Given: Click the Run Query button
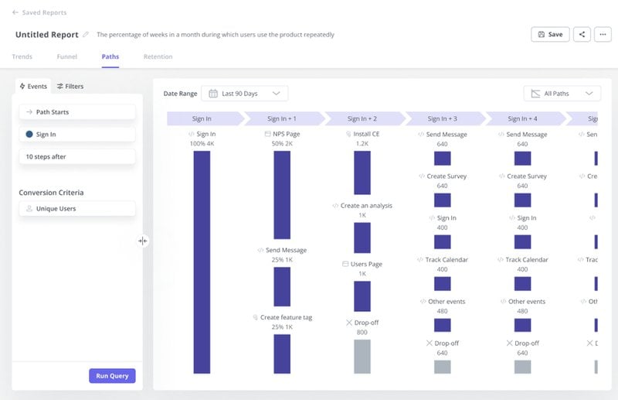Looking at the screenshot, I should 112,376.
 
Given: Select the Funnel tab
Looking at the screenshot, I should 66,56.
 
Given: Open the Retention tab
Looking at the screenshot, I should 158,56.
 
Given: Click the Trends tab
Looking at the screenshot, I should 22,56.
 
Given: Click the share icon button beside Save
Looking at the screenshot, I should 582,34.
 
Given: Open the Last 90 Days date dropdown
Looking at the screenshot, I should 244,94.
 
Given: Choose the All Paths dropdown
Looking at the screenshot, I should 562,94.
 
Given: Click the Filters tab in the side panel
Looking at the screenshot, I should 70,86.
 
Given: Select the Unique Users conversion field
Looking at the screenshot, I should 77,209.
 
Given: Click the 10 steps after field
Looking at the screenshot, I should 77,156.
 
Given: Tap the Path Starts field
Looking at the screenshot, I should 77,112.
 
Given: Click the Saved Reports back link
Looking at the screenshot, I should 39,12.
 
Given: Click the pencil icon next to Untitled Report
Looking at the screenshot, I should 86,35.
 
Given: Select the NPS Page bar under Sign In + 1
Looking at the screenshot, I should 282,194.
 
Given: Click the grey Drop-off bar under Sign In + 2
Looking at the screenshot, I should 362,356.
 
